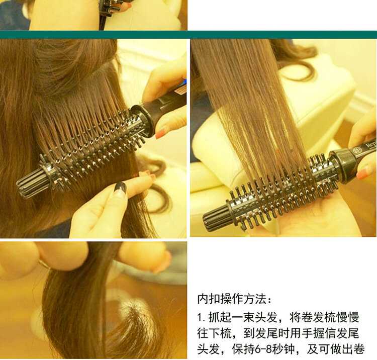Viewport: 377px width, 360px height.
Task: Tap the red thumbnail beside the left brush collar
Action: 160,133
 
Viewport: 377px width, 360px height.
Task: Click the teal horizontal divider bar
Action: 189,35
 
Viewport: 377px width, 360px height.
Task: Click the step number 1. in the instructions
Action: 201,317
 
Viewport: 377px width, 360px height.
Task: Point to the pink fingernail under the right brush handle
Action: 363,173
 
